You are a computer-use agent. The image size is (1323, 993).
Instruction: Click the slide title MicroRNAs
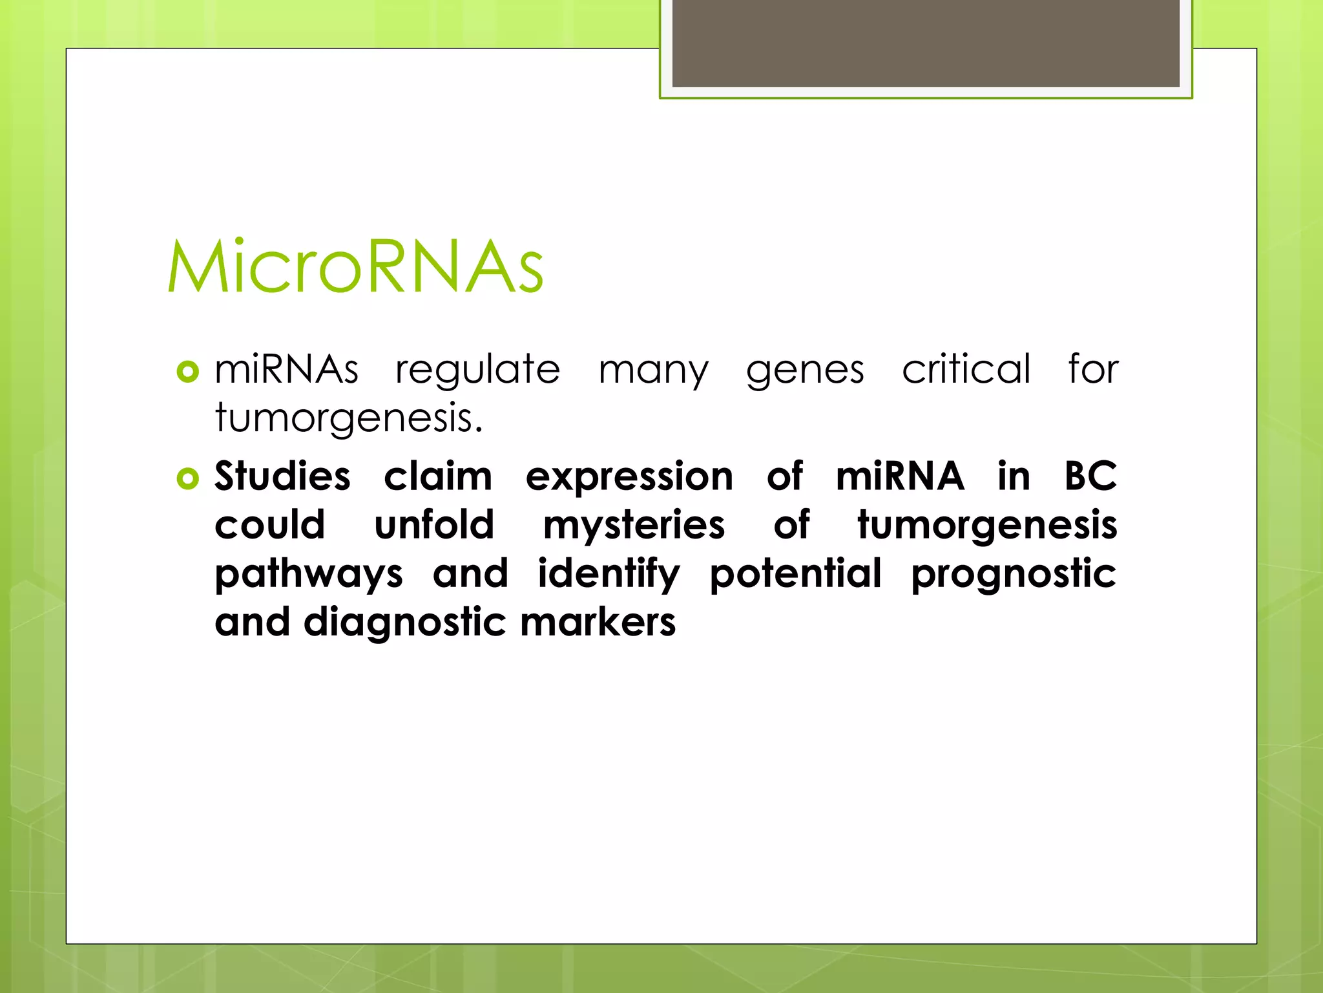355,266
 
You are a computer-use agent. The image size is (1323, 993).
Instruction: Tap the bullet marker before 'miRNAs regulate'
187,372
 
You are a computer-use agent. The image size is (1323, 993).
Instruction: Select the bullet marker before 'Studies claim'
187,479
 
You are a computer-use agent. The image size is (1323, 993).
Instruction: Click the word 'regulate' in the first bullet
477,370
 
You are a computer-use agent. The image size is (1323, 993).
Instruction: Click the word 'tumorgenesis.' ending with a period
349,419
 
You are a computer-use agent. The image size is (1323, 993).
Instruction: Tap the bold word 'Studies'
282,476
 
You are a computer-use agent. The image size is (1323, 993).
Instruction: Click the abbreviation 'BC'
1090,476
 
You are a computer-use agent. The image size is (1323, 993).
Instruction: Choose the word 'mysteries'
634,526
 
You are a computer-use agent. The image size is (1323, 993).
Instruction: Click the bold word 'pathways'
309,575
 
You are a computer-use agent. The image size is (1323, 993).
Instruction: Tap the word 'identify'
609,574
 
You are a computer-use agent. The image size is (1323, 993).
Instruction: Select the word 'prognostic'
1013,575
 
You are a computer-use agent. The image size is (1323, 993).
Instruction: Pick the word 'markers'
598,622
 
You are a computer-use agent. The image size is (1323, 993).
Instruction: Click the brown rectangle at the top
925,43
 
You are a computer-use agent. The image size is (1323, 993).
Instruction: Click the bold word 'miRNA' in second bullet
900,476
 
